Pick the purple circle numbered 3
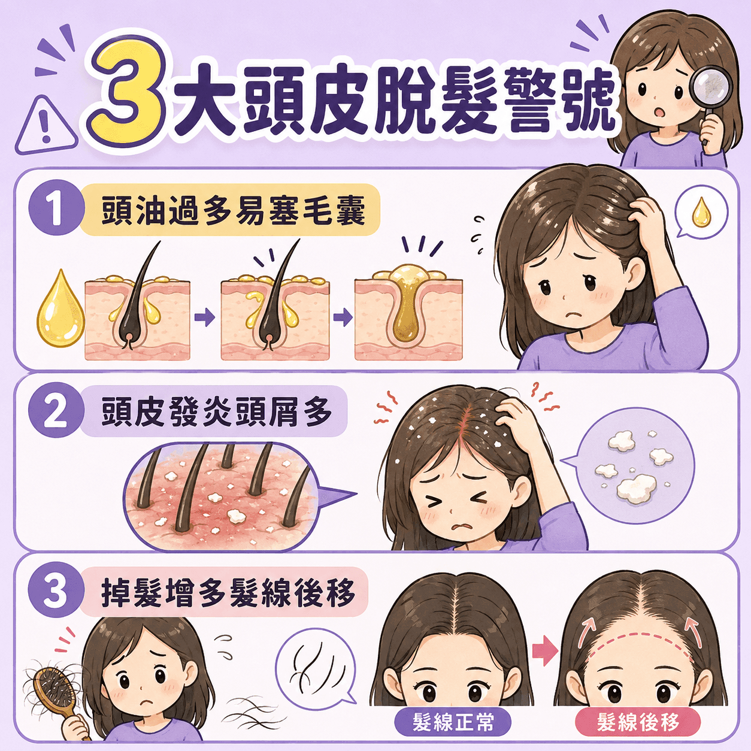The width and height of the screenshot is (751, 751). click(56, 593)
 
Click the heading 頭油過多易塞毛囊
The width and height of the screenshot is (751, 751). click(234, 210)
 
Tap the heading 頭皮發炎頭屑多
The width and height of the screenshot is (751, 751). click(217, 411)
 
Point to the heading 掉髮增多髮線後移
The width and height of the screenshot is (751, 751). click(228, 593)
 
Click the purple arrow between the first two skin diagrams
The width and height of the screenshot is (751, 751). click(205, 317)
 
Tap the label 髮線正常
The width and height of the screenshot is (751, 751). click(453, 722)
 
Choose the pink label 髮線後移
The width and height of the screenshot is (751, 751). click(638, 722)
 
